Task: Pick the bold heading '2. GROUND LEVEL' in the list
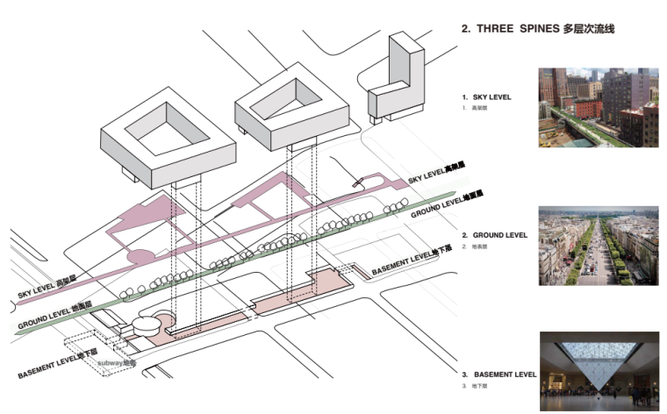pyautogui.click(x=495, y=235)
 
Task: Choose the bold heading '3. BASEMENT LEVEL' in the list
pyautogui.click(x=498, y=375)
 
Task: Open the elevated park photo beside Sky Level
pyautogui.click(x=598, y=108)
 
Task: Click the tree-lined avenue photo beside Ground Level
pyautogui.click(x=598, y=246)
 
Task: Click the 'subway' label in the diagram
pyautogui.click(x=110, y=361)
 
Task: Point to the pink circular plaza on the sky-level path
pyautogui.click(x=141, y=259)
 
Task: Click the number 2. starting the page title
pyautogui.click(x=466, y=29)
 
